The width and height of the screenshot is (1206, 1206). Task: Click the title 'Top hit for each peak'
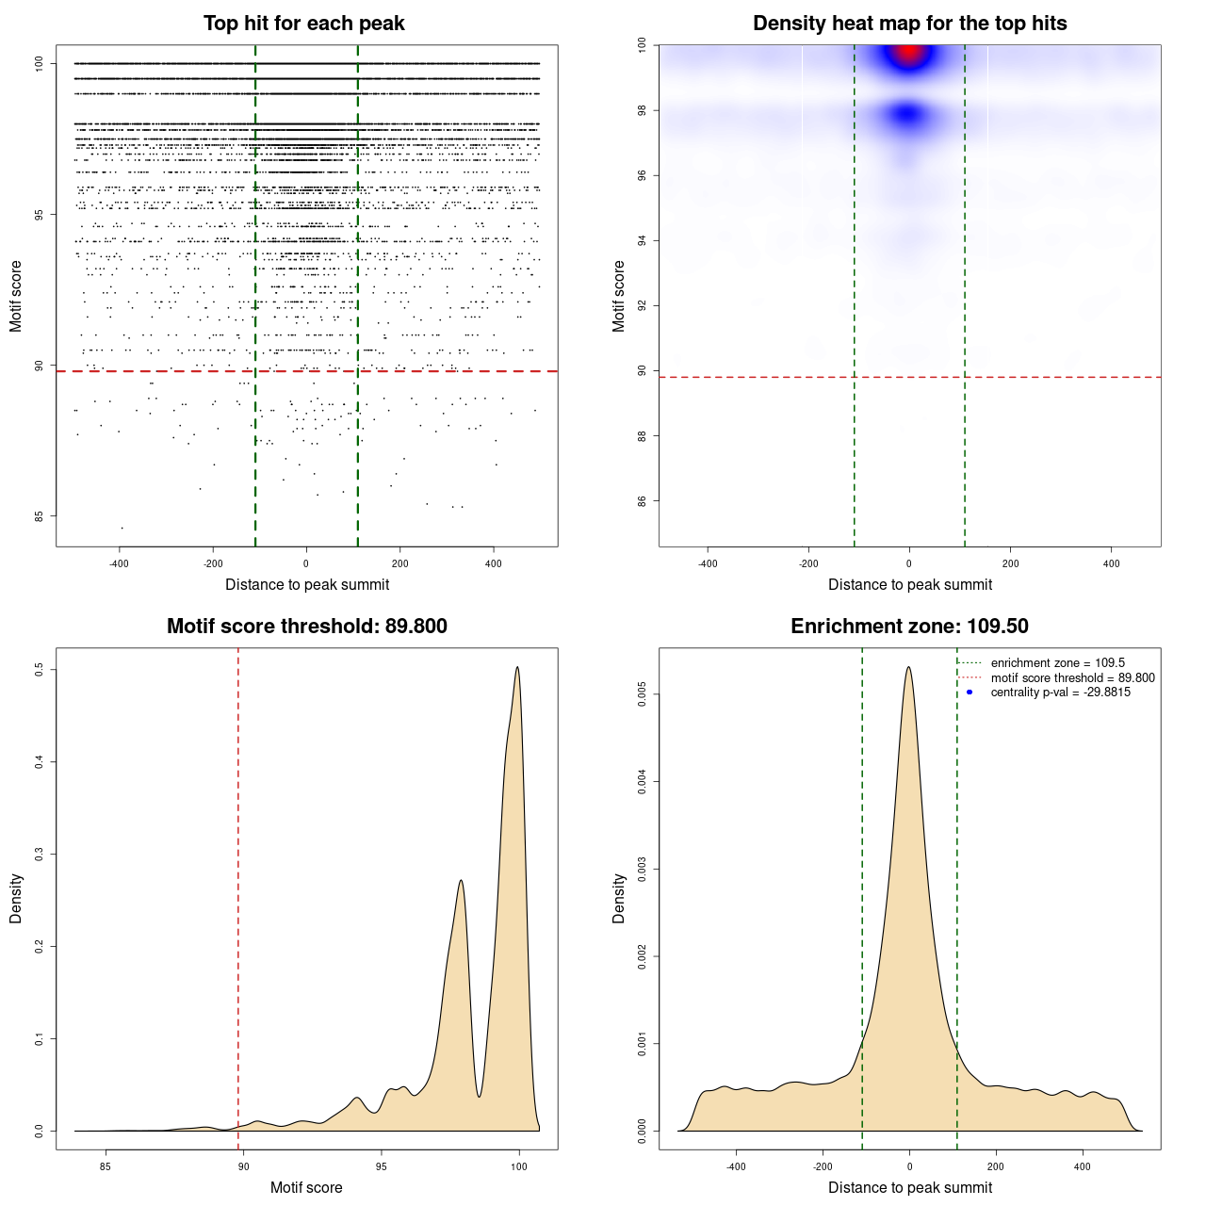tap(303, 24)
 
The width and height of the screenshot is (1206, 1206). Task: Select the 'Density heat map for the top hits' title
tap(909, 24)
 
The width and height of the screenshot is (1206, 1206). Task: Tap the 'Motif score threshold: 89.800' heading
tap(306, 627)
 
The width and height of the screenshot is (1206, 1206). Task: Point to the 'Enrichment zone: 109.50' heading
tap(909, 627)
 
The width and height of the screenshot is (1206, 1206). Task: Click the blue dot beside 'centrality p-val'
tap(970, 693)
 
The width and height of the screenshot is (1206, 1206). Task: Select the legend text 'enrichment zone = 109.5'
tap(1057, 663)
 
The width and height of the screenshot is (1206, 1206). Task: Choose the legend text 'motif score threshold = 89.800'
tap(1072, 678)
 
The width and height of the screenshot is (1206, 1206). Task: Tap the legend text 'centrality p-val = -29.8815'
tap(1060, 693)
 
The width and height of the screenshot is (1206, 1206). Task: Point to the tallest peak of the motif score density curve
tap(517, 668)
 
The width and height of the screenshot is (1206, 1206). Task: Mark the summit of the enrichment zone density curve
tap(908, 668)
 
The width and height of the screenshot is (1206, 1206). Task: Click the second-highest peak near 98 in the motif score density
tap(461, 881)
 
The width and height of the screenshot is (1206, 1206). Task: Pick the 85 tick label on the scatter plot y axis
tap(39, 516)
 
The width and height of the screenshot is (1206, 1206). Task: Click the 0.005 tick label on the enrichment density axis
tap(642, 695)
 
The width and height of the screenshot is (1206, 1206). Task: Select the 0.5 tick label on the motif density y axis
tap(39, 669)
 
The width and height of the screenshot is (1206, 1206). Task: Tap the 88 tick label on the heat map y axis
tap(642, 435)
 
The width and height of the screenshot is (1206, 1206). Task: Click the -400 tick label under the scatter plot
tap(119, 564)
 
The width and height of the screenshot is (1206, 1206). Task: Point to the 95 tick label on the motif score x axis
tap(381, 1166)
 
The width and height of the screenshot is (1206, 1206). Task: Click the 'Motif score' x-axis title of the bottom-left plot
tap(306, 1187)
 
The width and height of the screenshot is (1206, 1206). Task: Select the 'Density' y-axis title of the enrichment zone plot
tap(619, 898)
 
